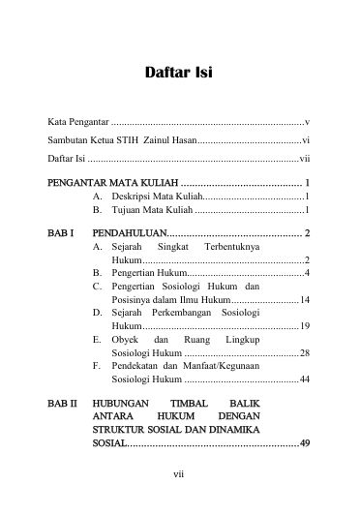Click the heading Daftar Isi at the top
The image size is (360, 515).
tap(178, 73)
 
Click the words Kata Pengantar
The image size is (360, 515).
tap(78, 122)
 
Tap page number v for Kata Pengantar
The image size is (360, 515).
tap(306, 122)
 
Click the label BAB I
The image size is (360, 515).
tap(60, 233)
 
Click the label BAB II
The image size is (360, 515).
tap(61, 403)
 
